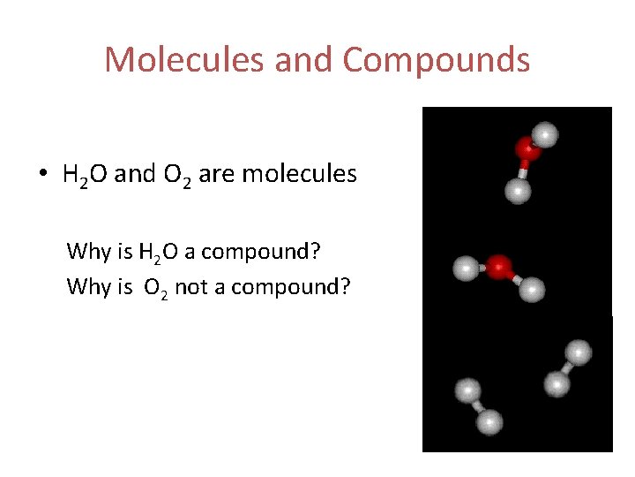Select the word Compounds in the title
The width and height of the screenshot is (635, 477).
(437, 60)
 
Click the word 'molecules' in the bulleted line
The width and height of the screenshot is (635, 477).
(299, 174)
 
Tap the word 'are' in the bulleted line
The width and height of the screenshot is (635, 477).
(216, 175)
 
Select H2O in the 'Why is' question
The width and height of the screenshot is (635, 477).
(158, 252)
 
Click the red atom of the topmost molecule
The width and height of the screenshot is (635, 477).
(527, 149)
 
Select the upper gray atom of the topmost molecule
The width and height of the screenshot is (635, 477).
(547, 134)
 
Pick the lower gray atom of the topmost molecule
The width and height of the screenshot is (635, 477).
(518, 190)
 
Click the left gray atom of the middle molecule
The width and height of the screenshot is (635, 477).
(464, 268)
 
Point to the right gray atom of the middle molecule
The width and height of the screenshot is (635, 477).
(533, 289)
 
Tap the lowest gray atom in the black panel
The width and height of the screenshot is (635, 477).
(489, 422)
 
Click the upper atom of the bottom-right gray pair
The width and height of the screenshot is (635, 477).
(578, 352)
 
